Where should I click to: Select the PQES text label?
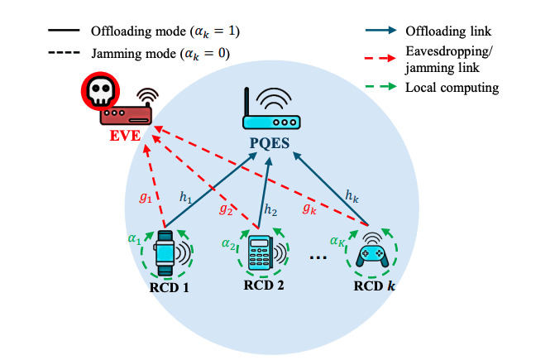[268, 144]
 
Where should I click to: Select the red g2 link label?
[224, 209]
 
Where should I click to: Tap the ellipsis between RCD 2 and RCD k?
[317, 258]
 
